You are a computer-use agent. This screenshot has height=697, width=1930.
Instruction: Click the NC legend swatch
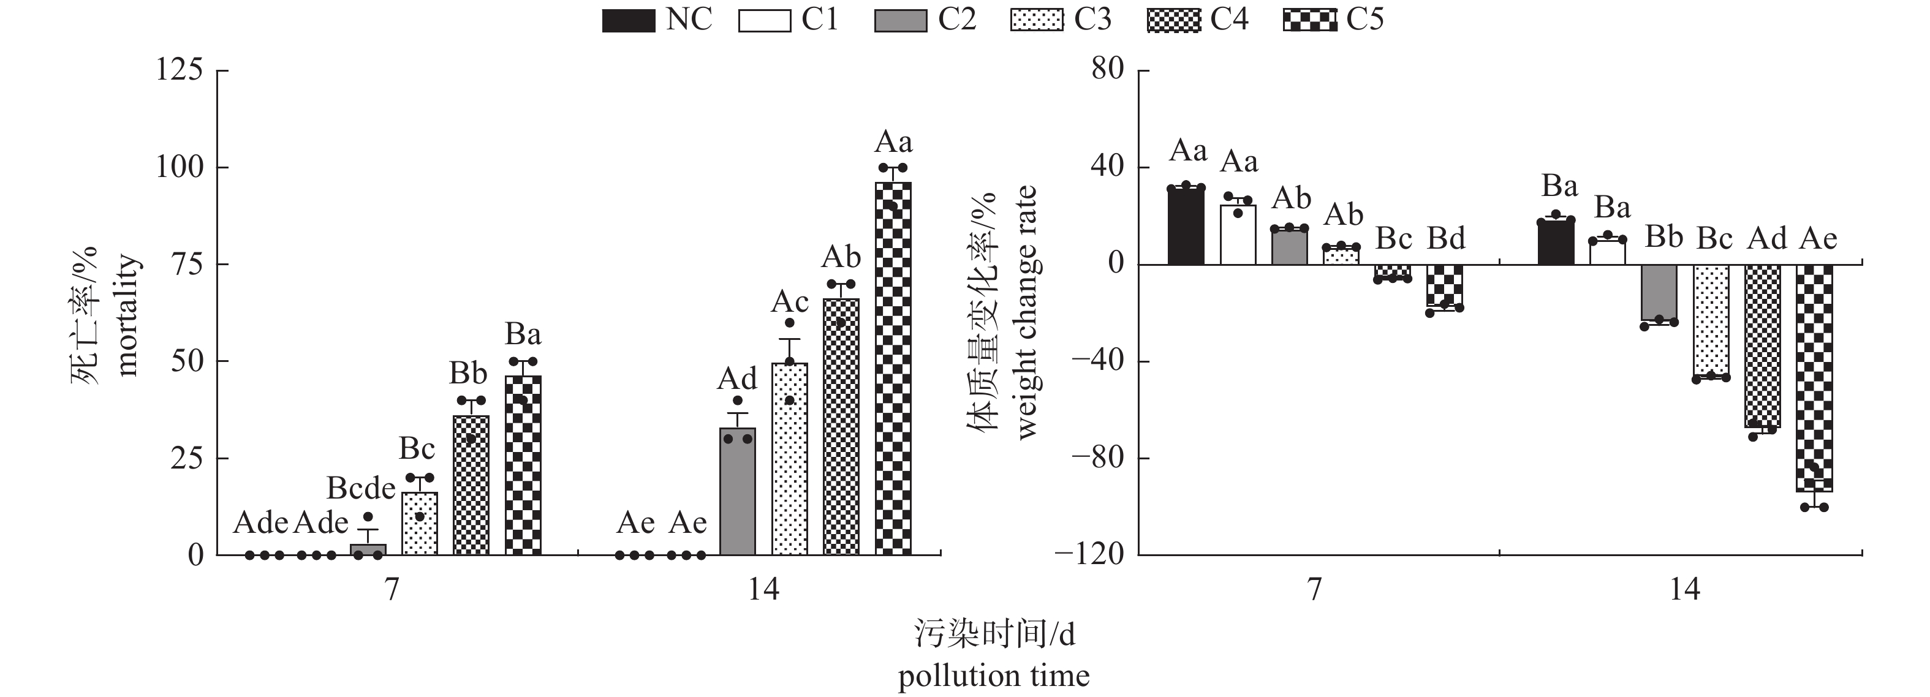[x=628, y=21]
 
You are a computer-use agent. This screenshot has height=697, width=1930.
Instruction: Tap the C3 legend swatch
[x=1036, y=21]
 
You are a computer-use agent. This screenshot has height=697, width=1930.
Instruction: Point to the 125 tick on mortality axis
[x=179, y=70]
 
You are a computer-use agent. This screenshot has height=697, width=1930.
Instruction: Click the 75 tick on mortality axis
[x=185, y=264]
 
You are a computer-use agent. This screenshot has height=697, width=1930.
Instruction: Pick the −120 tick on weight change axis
[x=1089, y=555]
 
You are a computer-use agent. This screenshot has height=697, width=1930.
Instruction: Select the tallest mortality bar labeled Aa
[x=893, y=367]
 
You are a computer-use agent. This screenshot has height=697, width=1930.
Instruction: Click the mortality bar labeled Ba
[x=523, y=464]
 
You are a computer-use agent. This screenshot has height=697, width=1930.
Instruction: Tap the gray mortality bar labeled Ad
[x=737, y=491]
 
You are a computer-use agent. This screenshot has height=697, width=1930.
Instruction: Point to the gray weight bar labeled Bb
[x=1659, y=293]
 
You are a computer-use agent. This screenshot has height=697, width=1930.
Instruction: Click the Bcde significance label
[x=361, y=489]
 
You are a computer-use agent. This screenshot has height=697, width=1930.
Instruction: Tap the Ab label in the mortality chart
[x=841, y=257]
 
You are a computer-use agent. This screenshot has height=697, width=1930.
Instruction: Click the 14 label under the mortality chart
[x=763, y=590]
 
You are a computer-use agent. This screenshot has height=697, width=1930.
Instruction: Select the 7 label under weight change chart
[x=1314, y=590]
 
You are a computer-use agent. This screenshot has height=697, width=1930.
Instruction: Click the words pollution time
[x=993, y=676]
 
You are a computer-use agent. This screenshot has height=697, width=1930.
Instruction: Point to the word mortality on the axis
[x=127, y=314]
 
